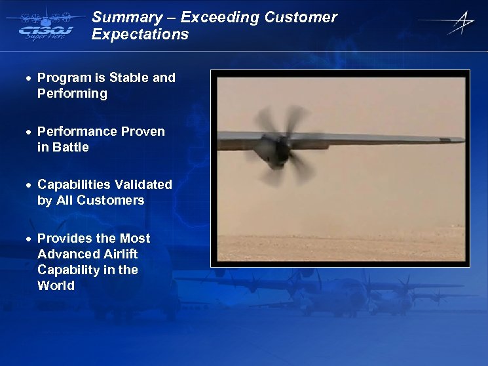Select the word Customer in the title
point(301,18)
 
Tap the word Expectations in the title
point(140,35)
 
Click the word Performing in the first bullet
point(72,93)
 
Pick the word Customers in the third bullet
point(110,200)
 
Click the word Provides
point(64,238)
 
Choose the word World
point(56,285)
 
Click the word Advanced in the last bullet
point(64,254)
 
